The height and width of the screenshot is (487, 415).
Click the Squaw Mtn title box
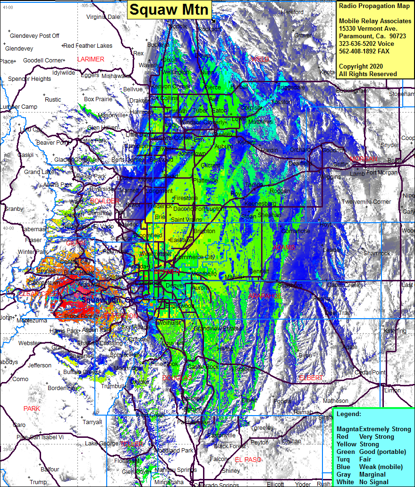point(169,9)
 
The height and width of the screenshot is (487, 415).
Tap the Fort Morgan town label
point(381,173)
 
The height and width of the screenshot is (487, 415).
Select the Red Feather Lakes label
point(88,46)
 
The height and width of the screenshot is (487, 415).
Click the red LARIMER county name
point(91,59)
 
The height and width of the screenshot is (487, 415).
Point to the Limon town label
point(392,391)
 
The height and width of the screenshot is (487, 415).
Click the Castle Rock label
point(203,367)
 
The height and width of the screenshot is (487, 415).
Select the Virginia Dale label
point(103,17)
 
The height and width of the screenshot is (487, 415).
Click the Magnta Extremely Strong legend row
point(373,429)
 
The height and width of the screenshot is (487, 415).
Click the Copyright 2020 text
point(361,66)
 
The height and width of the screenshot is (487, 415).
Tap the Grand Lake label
point(39,172)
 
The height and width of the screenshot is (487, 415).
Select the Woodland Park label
point(174,451)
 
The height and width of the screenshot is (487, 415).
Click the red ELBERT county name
point(311,378)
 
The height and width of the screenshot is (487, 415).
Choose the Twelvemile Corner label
point(366,202)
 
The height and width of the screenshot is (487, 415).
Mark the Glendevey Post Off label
point(34,36)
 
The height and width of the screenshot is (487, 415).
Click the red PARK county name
point(32,409)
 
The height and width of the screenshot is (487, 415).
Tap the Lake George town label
point(102,444)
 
